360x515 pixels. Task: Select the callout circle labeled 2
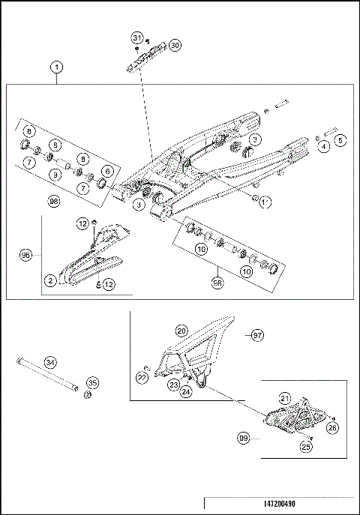[x=50, y=280]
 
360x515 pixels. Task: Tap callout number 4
[x=325, y=147]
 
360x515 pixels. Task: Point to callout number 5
[x=340, y=140]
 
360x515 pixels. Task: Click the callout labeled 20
[x=181, y=330]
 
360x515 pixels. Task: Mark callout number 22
[x=142, y=378]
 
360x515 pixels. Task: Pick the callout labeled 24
[x=184, y=391]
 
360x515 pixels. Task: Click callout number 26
[x=333, y=428]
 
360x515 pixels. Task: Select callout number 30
[x=174, y=45]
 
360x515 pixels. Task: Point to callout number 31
[x=136, y=37]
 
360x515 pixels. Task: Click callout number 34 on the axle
[x=49, y=363]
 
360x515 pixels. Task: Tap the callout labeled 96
[x=26, y=254]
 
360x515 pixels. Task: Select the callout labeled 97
[x=256, y=334]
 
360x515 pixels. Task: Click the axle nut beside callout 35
[x=87, y=395]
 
